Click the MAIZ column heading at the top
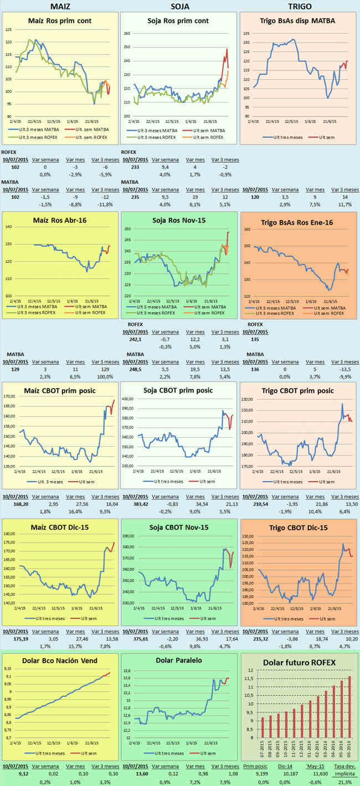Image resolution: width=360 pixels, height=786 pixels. click(60, 6)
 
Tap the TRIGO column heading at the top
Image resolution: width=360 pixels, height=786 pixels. click(300, 6)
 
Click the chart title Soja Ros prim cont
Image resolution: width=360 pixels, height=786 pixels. click(178, 21)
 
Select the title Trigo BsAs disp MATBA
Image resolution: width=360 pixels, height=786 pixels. click(300, 21)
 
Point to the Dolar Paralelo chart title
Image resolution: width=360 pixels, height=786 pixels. click(179, 660)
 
